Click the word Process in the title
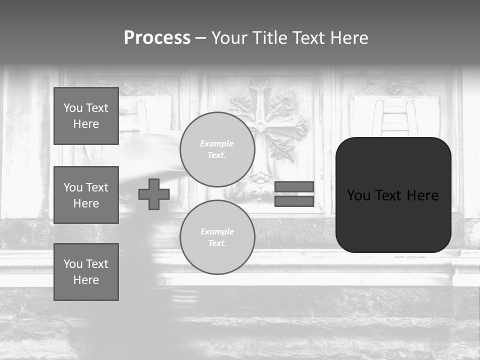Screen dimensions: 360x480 click(x=157, y=38)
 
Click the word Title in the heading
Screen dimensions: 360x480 click(x=268, y=38)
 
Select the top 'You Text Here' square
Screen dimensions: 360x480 click(x=86, y=116)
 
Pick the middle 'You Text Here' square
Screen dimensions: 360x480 click(x=86, y=195)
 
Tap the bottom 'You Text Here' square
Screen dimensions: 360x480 click(x=86, y=272)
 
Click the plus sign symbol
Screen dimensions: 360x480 click(x=154, y=194)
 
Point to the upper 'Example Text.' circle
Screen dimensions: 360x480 click(x=217, y=149)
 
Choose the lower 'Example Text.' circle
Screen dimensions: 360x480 click(x=217, y=237)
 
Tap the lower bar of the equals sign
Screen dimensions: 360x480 click(x=294, y=201)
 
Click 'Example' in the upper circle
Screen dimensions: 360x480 click(x=217, y=143)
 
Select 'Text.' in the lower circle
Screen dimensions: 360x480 click(x=217, y=243)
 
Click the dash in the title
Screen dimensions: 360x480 click(x=200, y=38)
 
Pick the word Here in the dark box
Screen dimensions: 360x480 click(x=422, y=195)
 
